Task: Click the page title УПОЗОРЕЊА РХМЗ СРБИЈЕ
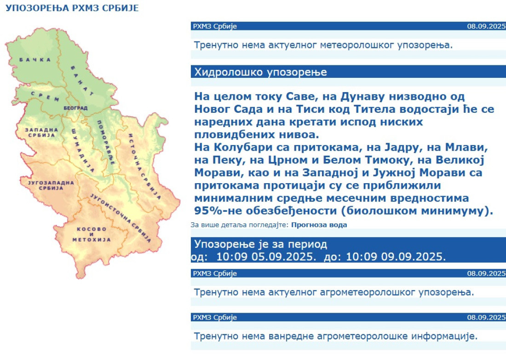point(72,8)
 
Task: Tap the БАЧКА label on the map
point(35,60)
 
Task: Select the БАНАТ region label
point(82,81)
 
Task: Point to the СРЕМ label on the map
point(45,96)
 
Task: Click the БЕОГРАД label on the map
point(75,108)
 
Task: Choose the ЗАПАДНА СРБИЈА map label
point(41,133)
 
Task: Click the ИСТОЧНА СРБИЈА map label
point(144,167)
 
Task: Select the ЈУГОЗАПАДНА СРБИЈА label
point(51,186)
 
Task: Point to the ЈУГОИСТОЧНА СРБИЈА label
point(121,218)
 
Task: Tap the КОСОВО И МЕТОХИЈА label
point(92,234)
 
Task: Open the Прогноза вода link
point(319,225)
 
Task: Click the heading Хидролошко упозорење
point(260,72)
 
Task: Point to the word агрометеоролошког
point(367,292)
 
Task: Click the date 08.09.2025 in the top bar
point(486,26)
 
